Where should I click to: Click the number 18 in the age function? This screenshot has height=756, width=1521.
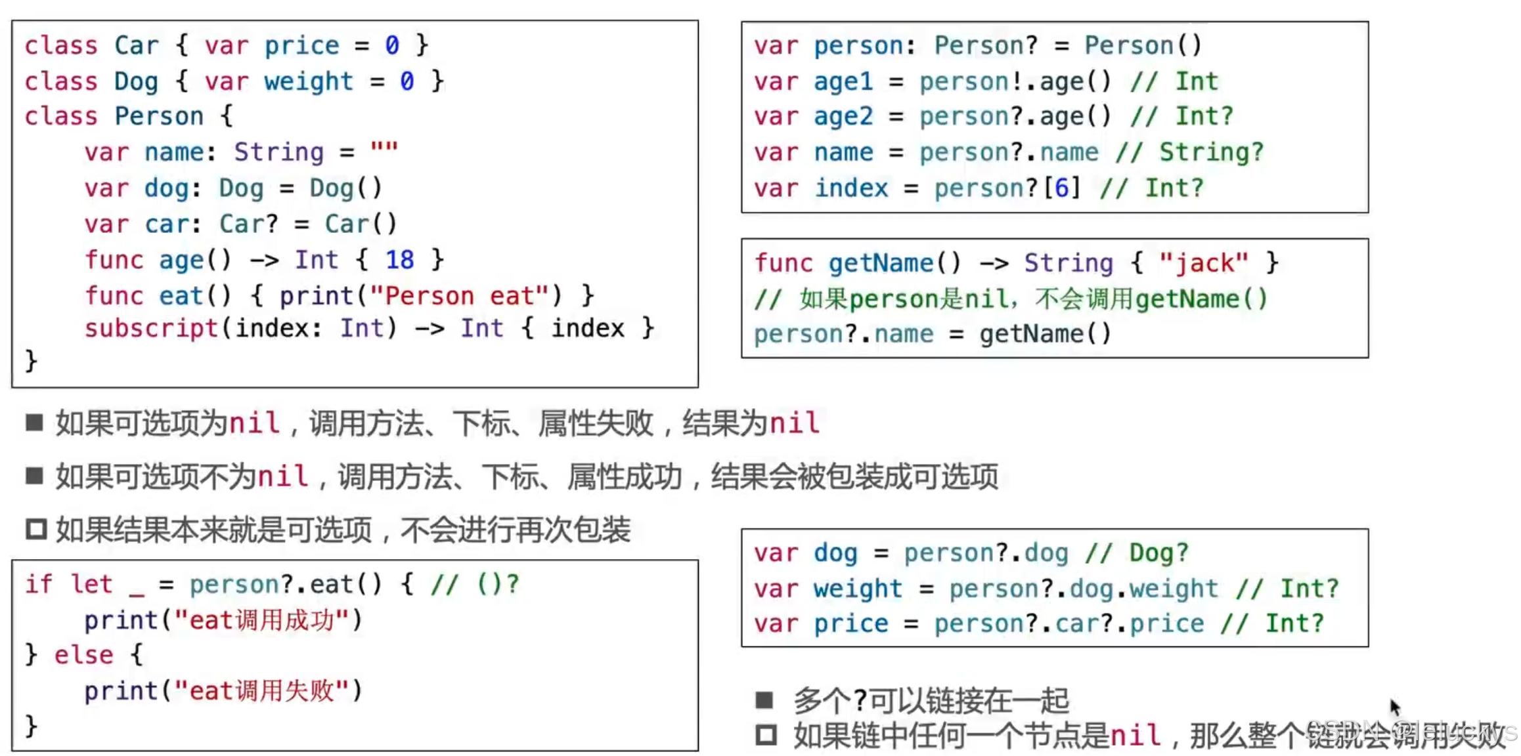[x=399, y=260]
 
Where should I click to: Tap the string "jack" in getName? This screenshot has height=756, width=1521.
[x=1203, y=263]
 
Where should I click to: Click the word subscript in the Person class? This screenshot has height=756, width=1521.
[x=151, y=328]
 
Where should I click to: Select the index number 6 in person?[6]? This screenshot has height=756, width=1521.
[x=1062, y=188]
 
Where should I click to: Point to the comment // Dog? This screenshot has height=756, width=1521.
[x=1137, y=553]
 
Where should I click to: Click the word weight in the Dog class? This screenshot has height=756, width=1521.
[x=308, y=81]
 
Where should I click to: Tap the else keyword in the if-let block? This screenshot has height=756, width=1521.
[x=83, y=655]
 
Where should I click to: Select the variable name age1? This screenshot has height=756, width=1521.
[x=843, y=81]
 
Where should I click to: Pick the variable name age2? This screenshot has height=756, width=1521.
[x=843, y=117]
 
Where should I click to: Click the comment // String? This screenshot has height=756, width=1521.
[x=1189, y=152]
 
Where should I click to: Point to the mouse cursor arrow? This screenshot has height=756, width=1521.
[x=1395, y=707]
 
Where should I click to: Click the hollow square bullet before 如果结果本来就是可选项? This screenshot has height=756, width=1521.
[x=36, y=529]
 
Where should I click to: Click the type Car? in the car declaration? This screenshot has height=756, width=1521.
[x=248, y=224]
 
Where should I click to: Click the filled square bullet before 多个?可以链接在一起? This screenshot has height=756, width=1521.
[x=764, y=700]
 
